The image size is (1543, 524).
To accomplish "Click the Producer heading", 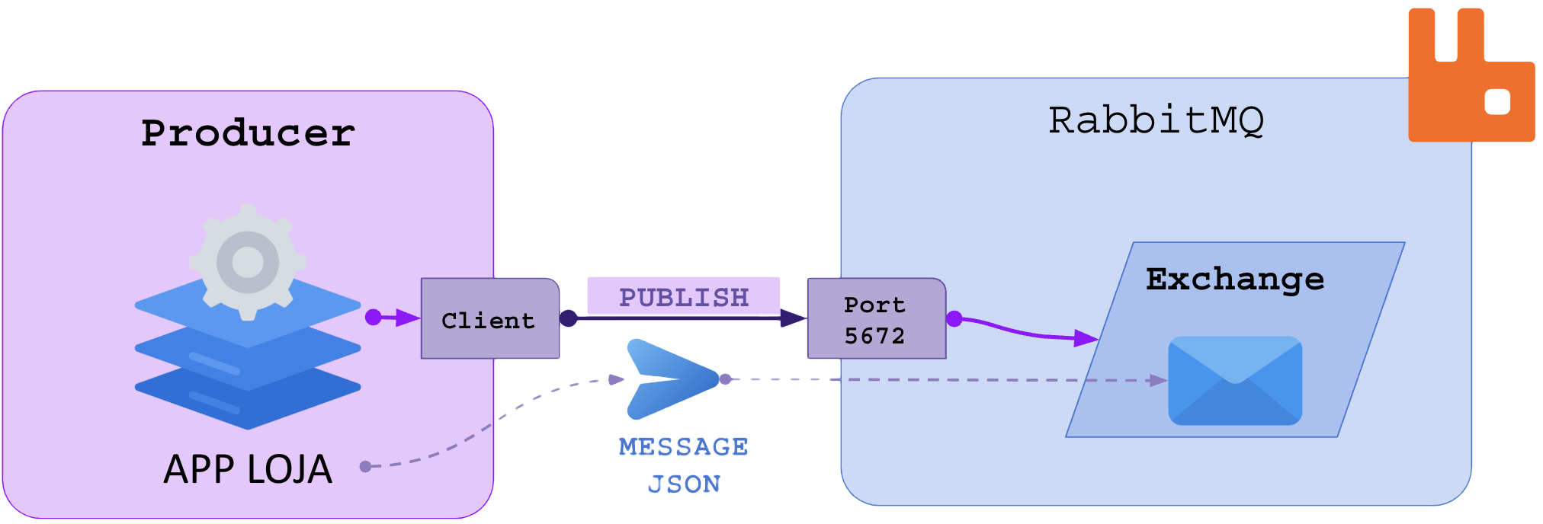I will pos(248,133).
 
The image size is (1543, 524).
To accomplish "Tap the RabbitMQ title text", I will pos(1156,120).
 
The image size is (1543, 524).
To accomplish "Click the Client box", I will pos(489,319).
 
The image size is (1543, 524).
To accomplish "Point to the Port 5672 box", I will pos(875,319).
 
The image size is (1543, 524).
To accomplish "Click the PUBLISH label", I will pos(684,297).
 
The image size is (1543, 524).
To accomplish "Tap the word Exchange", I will pos(1235,279).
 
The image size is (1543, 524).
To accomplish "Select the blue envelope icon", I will pos(1235,381).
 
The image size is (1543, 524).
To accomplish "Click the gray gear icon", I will pos(248,261).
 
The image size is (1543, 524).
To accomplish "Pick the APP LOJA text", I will pos(248,468).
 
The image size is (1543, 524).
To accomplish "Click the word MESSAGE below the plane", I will pos(684,446).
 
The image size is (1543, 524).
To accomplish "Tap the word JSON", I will pos(684,484).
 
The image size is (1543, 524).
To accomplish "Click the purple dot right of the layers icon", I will pos(373,317).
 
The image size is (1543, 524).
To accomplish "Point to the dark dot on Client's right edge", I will pos(568,318).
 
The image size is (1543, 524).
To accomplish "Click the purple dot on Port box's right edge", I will pos(954,318).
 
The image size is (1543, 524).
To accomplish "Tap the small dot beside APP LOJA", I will pos(365,466).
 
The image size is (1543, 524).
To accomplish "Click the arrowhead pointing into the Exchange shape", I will pos(1086,337).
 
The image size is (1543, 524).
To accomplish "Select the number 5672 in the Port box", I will pos(874,335).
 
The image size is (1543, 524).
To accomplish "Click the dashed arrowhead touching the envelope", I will pos(1158,380).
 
